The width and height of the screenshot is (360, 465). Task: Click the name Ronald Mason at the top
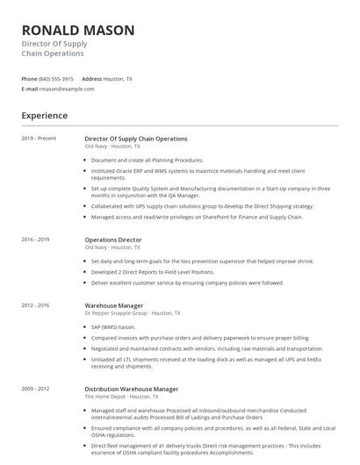(x=78, y=31)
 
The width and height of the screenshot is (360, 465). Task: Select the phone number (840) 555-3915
(x=56, y=78)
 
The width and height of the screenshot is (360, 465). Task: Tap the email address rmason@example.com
(x=67, y=89)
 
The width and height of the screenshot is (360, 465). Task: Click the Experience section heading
(x=45, y=115)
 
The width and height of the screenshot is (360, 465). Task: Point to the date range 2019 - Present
(x=39, y=139)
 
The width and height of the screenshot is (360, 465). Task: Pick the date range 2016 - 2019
(x=36, y=240)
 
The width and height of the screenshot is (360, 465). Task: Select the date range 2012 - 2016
(x=36, y=305)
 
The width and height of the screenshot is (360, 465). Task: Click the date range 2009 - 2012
(x=36, y=389)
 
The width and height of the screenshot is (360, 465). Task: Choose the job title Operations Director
(x=113, y=240)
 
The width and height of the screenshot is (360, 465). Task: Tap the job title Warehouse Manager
(x=114, y=305)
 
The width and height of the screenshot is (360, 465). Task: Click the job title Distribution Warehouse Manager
(x=132, y=389)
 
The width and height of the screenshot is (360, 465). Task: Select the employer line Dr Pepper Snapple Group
(x=133, y=313)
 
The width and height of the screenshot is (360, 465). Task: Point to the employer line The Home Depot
(x=120, y=397)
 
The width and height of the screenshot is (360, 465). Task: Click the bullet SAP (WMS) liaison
(x=118, y=326)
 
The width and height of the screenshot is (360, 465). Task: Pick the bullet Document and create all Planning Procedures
(x=147, y=161)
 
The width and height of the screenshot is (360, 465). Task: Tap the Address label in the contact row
(x=92, y=78)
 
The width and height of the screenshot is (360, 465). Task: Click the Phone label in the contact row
(x=29, y=78)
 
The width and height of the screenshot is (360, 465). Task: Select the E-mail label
(x=30, y=89)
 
